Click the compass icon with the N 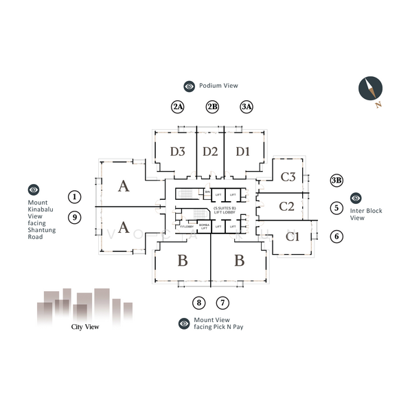coord(369,89)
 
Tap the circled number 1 coord(75,197)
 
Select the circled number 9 coord(75,218)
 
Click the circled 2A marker coord(179,106)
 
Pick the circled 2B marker coord(213,106)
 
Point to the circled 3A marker coord(247,106)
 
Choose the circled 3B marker coord(336,181)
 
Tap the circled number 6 coord(336,236)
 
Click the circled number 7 coord(222,302)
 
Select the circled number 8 coord(198,302)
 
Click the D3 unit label coord(178,152)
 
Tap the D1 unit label coord(242,152)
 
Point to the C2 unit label coord(287,206)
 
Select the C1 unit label coord(293,237)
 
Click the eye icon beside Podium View coord(190,86)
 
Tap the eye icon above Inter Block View coord(356,198)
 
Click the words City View coord(85,327)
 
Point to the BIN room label coord(207,194)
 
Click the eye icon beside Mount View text coord(184,323)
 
